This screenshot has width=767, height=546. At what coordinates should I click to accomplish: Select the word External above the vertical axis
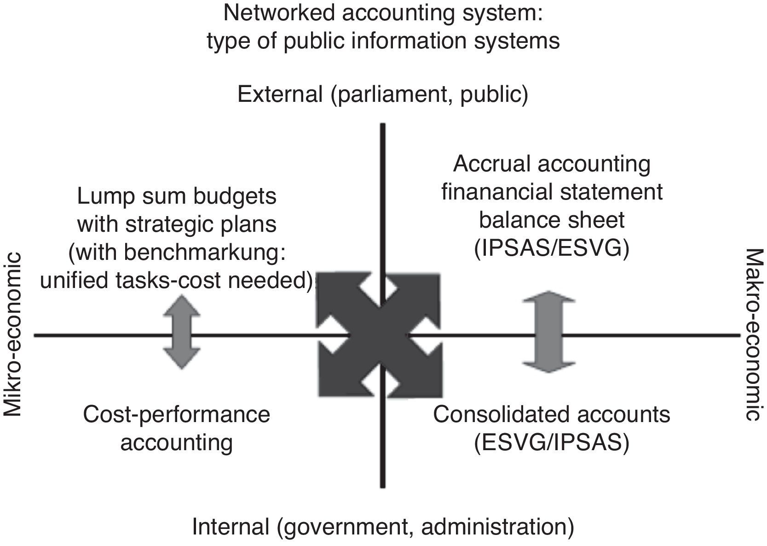click(x=280, y=94)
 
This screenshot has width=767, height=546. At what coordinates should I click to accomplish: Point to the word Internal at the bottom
click(x=231, y=526)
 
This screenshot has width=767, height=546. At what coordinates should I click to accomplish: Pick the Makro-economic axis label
click(x=754, y=334)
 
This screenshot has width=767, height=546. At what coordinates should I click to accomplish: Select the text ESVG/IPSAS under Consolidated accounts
click(x=552, y=442)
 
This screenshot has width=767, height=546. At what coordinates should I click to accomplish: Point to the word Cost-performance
click(x=177, y=414)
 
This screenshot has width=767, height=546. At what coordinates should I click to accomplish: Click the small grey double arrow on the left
click(x=182, y=332)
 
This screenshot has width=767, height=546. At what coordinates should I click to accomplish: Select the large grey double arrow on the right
click(x=548, y=332)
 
